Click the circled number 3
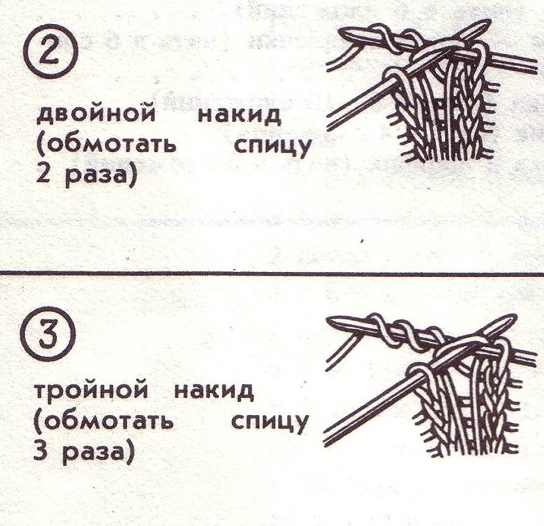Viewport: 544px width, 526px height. (x=52, y=336)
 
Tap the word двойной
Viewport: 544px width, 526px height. (x=96, y=113)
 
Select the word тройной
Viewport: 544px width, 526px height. (x=91, y=390)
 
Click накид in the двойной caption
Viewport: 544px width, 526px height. (x=239, y=113)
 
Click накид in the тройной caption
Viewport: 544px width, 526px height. (x=214, y=389)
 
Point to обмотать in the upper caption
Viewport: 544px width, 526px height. (x=106, y=145)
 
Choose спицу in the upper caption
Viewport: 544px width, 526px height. (x=272, y=147)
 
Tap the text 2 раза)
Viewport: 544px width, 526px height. (x=85, y=175)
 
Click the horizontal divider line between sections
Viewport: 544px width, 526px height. (x=272, y=273)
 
